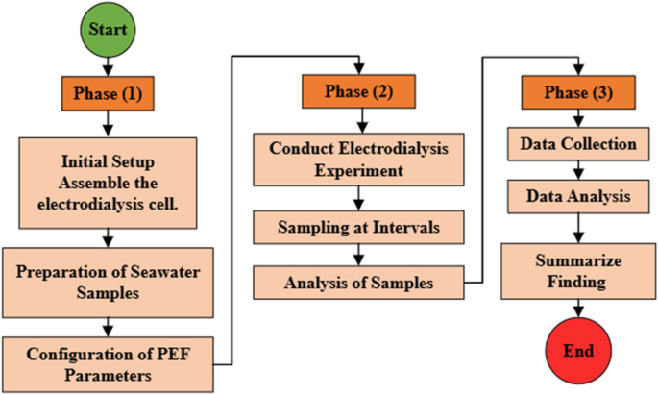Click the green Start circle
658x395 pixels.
pos(109,29)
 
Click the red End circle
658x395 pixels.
pos(576,349)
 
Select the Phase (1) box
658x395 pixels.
pos(109,94)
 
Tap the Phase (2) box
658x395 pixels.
pos(357,91)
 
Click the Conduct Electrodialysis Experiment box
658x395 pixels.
pos(357,160)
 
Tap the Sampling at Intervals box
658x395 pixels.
pos(357,229)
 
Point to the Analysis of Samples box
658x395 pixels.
pos(357,283)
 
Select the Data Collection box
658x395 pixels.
pos(576,144)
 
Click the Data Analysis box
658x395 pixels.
pos(576,196)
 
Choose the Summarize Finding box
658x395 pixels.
pos(576,271)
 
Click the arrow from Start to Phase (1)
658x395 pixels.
pos(109,64)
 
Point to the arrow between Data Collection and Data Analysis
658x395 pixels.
pos(576,170)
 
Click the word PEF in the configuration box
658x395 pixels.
pos(153,353)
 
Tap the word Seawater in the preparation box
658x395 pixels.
pos(164,270)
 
